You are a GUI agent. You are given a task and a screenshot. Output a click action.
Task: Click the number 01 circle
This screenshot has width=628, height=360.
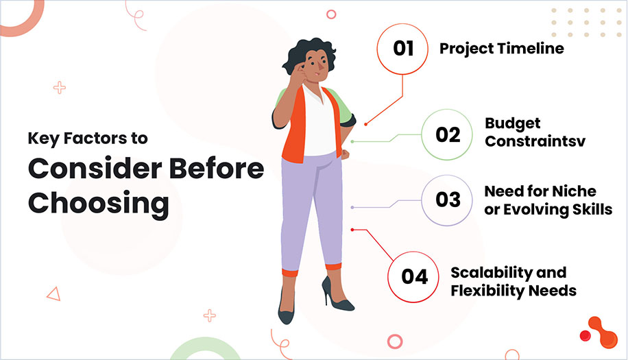click(403, 49)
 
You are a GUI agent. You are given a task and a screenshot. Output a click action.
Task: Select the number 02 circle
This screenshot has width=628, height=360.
click(447, 134)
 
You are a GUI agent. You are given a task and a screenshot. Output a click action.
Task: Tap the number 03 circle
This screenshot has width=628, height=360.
click(447, 200)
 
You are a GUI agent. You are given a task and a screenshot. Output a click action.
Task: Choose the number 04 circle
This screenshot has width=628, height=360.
click(414, 276)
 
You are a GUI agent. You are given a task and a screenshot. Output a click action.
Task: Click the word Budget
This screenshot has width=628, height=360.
click(513, 123)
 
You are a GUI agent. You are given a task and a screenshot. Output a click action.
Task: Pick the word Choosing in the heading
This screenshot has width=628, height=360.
click(99, 203)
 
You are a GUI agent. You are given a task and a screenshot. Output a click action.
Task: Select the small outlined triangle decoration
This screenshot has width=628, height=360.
click(53, 293)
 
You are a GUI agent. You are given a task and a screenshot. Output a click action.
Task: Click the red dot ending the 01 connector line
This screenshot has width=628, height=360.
click(366, 124)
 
